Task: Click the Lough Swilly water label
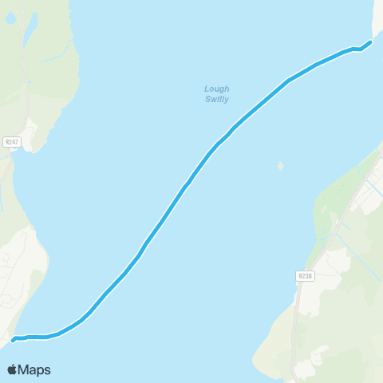point(216,94)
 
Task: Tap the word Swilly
point(216,100)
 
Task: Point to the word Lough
point(216,89)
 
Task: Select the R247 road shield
point(11,142)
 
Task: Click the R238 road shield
point(304,276)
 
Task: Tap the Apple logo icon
point(13,369)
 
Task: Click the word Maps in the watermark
point(35,370)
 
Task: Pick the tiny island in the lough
point(280,166)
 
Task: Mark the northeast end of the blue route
point(370,42)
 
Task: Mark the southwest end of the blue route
point(14,341)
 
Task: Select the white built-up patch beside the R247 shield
point(30,132)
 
